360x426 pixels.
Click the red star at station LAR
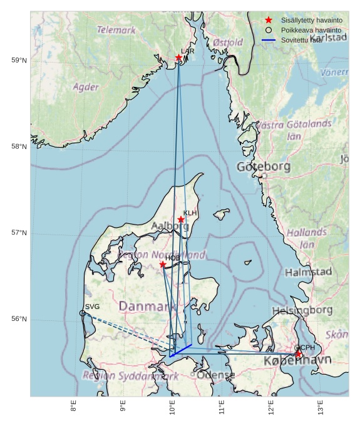tap(178, 58)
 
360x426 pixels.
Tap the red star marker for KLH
tap(181, 220)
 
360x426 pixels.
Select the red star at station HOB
tap(163, 265)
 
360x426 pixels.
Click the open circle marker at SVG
tap(83, 313)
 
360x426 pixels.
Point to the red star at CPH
tap(298, 354)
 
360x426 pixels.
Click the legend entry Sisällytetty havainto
tap(311, 20)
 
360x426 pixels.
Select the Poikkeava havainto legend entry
tap(311, 30)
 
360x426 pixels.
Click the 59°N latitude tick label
tap(19, 60)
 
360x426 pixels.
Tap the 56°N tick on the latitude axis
tap(19, 319)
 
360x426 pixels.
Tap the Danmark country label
tap(147, 307)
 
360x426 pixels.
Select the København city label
tap(297, 362)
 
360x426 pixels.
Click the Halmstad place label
tap(308, 272)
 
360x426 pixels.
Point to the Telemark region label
tap(116, 29)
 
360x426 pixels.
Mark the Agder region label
tap(86, 87)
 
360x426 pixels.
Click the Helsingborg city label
tap(302, 310)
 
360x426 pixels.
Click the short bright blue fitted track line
tap(180, 350)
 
